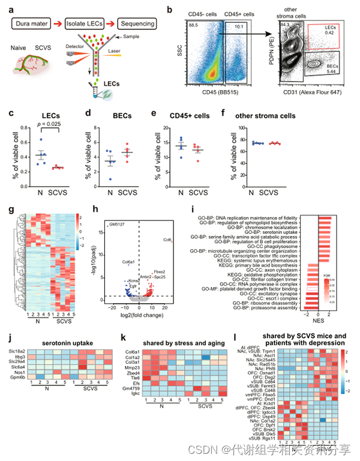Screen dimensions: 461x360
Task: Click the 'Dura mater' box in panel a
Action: click(34, 22)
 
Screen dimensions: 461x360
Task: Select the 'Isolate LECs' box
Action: click(87, 22)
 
